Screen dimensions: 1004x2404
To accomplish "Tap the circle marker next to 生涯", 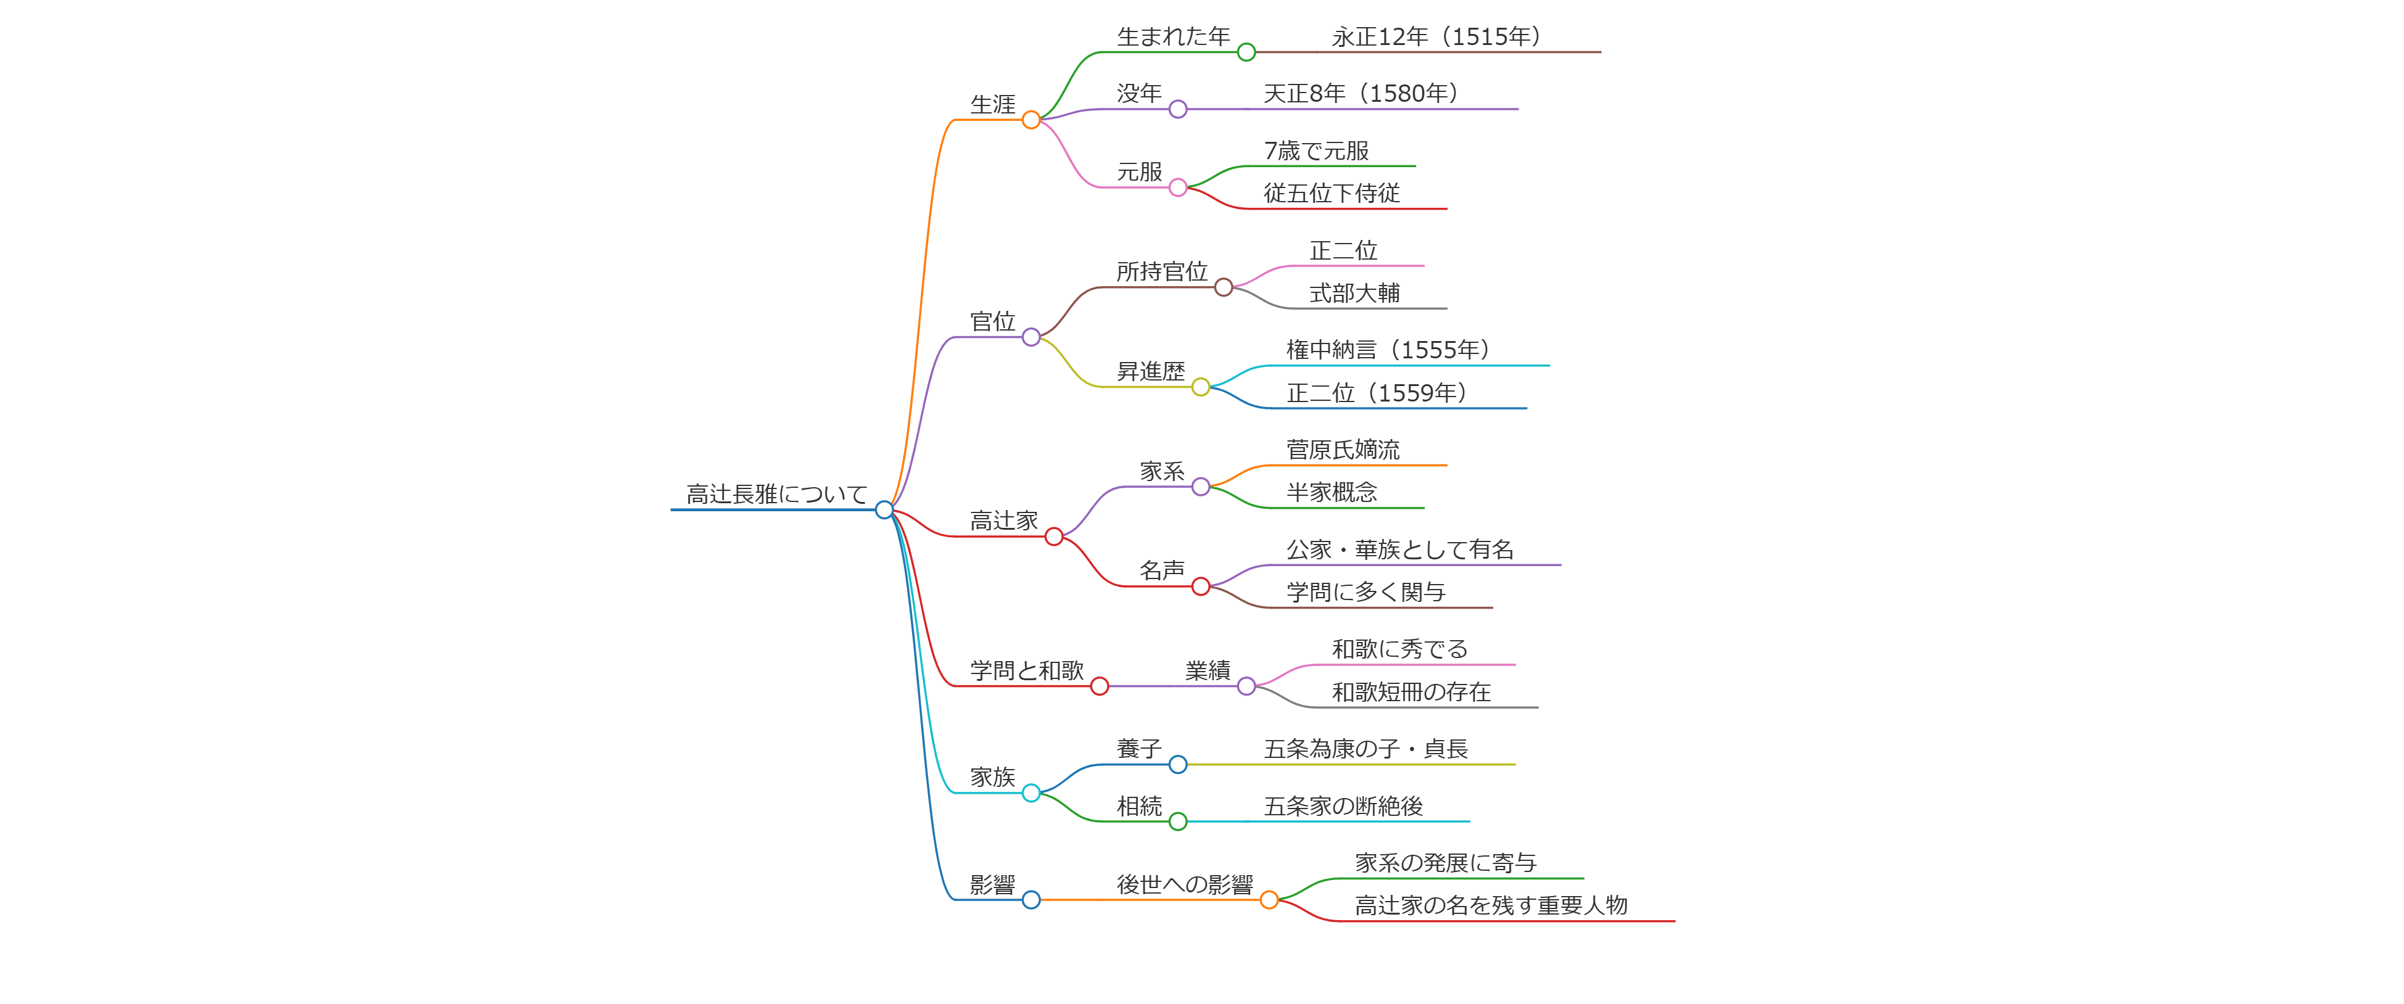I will click(1030, 120).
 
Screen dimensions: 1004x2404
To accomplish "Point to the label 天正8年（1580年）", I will click(1360, 93).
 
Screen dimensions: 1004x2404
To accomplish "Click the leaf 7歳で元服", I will click(1316, 150).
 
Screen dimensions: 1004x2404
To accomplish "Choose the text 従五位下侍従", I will click(1331, 193).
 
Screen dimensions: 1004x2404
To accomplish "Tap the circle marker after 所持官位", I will click(1224, 287).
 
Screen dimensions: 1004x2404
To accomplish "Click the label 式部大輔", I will click(1354, 293).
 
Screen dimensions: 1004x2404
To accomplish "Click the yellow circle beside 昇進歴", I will click(1201, 387).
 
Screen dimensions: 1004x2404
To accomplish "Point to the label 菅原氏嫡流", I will click(1343, 450).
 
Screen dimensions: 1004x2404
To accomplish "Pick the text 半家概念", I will click(1332, 492).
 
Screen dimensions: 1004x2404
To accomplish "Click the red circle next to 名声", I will click(1201, 586).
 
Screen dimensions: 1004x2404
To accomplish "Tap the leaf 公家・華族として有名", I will click(1400, 549).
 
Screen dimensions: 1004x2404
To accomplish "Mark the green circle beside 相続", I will click(1178, 821).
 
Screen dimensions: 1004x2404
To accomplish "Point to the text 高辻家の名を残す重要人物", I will click(1490, 905).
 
